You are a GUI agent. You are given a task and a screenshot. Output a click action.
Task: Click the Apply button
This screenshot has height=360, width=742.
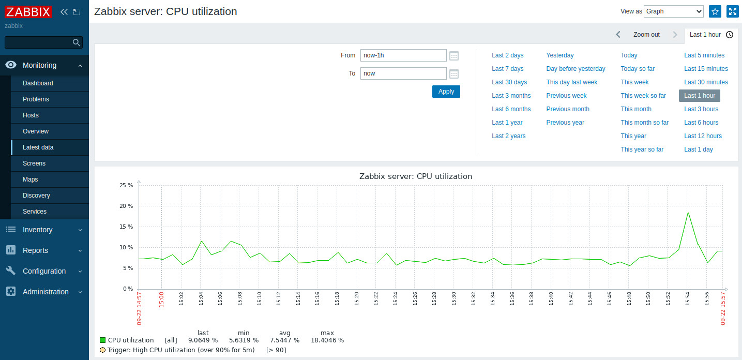[446, 92]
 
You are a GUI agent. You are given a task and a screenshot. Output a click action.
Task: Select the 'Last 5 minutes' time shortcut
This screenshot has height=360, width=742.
[704, 55]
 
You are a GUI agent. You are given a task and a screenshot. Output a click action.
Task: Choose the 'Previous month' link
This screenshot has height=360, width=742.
[568, 109]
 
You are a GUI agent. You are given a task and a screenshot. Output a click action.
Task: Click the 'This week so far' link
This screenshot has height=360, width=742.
[643, 96]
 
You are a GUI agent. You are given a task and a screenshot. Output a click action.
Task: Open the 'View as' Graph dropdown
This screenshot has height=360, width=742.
[673, 11]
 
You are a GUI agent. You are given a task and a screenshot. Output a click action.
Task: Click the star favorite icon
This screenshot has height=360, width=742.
[715, 11]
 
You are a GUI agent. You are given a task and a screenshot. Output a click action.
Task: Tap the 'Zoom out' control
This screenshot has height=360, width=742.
[646, 35]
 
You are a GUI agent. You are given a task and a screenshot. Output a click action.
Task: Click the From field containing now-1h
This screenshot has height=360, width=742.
[403, 55]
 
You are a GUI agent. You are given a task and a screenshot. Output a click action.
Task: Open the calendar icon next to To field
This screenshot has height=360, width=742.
[454, 74]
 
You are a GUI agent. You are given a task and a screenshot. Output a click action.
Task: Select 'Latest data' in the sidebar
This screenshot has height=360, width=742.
[38, 147]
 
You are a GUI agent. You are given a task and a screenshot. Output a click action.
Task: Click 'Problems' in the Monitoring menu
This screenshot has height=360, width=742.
[36, 99]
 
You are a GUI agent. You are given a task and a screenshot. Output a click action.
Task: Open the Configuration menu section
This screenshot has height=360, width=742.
[44, 271]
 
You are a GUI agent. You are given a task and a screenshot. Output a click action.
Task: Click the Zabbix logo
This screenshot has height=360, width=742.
[28, 12]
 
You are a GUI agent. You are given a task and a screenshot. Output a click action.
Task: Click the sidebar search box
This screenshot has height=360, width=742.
[39, 42]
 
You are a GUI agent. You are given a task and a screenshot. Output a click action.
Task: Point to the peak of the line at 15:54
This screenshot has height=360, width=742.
[688, 213]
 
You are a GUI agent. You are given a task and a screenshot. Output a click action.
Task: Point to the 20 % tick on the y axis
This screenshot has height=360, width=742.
[127, 206]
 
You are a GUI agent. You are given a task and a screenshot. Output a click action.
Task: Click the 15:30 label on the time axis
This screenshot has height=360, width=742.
[453, 298]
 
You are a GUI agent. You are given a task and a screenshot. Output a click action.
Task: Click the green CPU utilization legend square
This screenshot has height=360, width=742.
[102, 340]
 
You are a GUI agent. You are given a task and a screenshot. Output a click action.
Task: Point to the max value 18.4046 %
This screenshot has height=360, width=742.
[327, 340]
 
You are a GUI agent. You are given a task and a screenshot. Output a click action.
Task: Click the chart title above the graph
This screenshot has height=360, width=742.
[416, 176]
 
